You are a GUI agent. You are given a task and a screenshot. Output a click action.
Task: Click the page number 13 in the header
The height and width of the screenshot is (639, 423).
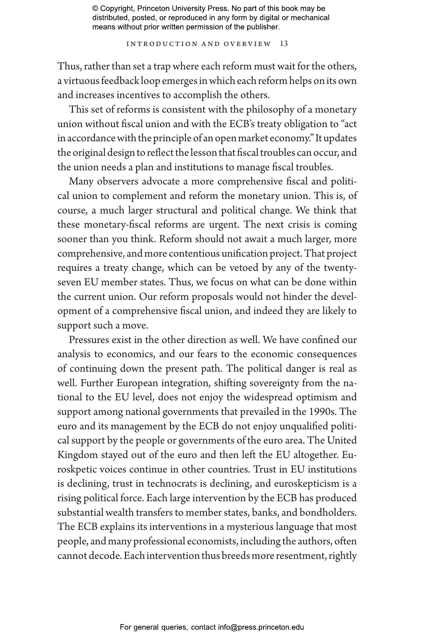(x=284, y=44)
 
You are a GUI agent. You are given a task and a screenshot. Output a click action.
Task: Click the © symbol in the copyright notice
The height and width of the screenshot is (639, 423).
(x=95, y=9)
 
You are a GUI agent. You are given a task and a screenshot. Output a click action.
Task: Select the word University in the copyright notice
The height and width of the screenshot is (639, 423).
(x=186, y=9)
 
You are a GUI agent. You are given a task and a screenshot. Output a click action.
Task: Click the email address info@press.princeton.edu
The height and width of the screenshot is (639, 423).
(x=261, y=627)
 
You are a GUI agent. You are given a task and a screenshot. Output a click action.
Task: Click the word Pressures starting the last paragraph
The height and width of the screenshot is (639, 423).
(x=89, y=340)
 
